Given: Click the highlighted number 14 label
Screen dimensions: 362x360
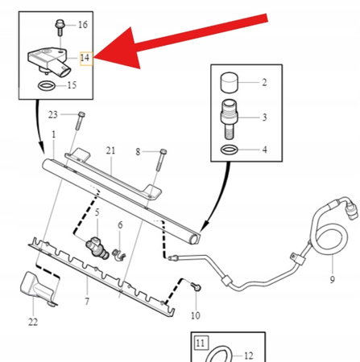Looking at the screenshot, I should [85, 58].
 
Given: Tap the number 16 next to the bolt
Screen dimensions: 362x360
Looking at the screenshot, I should [82, 26].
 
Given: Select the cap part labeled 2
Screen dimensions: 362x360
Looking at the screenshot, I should [230, 82].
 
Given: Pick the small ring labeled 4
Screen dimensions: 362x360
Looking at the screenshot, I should [230, 149].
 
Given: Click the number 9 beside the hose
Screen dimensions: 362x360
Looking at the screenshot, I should [330, 281].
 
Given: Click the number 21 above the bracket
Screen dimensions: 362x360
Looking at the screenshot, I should [110, 151].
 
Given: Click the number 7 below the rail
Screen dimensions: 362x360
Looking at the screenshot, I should [86, 302].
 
